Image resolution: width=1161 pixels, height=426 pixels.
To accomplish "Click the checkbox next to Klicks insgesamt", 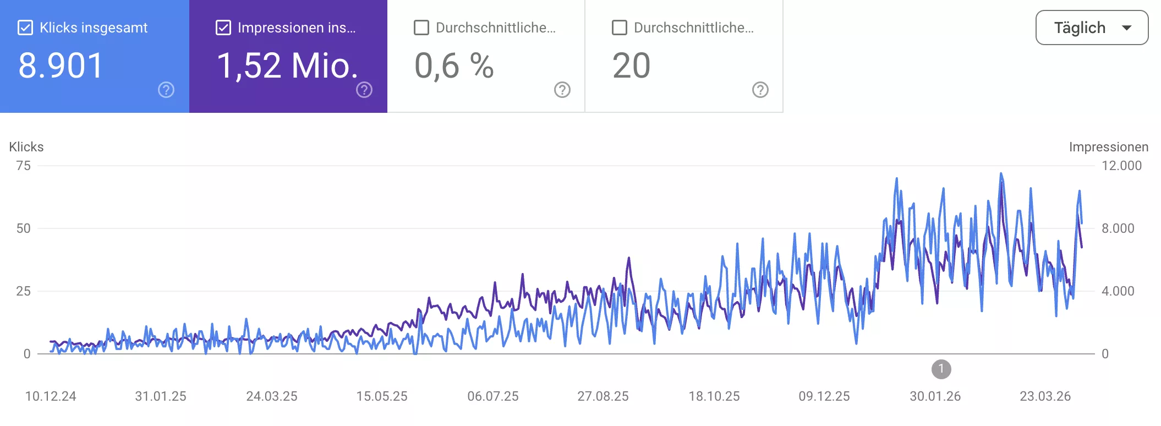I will point(25,28).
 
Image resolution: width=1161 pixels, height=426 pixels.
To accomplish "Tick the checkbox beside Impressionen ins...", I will point(223,28).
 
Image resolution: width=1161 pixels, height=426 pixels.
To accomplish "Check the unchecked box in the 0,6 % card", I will point(421,28).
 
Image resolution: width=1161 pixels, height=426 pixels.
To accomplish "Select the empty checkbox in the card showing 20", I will point(620,28).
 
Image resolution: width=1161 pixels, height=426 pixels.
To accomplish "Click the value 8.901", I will point(61,65).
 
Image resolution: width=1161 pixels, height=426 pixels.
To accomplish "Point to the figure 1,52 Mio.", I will point(287,65).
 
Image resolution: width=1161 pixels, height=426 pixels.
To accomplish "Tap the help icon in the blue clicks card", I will point(166,90).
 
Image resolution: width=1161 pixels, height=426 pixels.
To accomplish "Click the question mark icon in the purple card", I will point(364,90).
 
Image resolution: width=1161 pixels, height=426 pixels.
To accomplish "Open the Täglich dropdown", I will point(1092,28).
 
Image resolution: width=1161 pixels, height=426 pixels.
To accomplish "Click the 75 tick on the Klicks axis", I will point(23,166).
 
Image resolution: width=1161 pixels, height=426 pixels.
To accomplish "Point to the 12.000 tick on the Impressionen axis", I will point(1121,166).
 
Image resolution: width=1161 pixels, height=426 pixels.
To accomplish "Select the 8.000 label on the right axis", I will point(1118,228).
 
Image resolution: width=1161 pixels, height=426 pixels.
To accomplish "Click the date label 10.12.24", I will point(51,396).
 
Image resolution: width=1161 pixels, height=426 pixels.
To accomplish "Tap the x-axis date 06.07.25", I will point(493,396).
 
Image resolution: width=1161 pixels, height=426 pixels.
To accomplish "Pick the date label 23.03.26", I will point(1045,396).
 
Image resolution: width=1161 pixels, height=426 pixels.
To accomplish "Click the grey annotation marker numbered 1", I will point(941,369).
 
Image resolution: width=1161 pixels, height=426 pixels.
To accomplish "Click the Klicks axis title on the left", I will point(26,147).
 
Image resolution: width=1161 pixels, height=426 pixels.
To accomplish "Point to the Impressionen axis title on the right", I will point(1108,147).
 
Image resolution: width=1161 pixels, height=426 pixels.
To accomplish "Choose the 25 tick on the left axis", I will point(23,291).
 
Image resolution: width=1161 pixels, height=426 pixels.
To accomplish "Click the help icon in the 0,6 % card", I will point(562,90).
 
